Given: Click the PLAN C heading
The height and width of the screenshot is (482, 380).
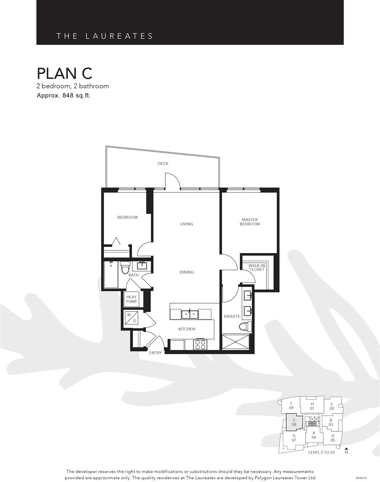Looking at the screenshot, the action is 64,73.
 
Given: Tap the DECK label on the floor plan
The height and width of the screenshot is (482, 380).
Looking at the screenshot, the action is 163,163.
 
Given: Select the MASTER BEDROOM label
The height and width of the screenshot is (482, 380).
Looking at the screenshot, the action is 250,222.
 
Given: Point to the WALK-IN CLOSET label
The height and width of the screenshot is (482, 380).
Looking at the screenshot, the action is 257,267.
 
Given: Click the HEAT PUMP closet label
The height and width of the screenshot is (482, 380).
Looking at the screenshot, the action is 131,299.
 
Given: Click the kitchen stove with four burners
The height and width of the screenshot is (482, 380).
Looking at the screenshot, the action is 200,345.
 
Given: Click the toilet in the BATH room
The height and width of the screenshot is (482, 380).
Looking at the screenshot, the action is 125,268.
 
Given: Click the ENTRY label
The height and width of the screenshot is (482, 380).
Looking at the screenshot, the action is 155,353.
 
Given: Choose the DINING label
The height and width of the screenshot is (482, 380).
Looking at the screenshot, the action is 186,272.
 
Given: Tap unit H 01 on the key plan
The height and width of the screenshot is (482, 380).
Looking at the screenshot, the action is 312,406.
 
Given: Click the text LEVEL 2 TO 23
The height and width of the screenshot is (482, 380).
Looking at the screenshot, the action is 321,453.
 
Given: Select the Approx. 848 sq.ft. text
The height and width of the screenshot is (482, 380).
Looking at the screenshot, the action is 63,96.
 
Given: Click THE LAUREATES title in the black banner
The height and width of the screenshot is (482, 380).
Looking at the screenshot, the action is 105,36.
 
